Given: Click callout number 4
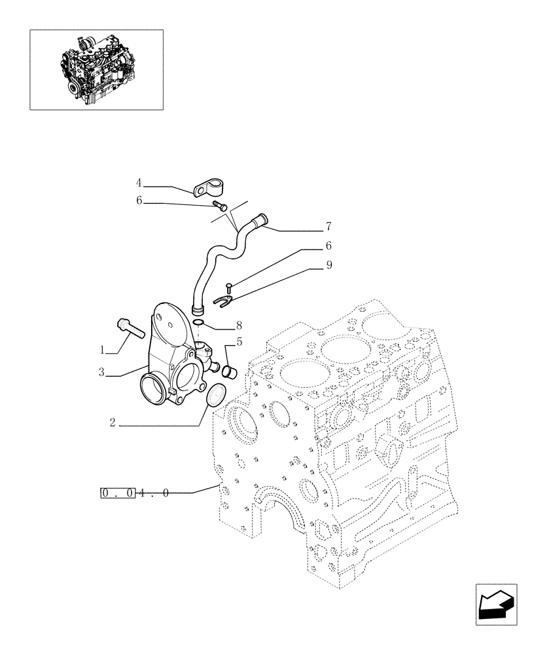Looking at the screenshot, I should pos(139,182).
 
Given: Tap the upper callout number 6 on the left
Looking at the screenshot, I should pos(139,202).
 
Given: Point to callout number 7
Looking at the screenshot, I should pos(328,227).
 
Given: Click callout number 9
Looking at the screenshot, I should pos(328,265).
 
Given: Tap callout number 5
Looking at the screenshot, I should pos(239,341).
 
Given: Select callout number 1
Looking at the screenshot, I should pos(102,350).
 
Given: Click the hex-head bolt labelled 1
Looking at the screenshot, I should pos(131,327).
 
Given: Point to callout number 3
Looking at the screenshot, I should pos(102,373).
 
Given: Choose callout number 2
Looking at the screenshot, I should pos(113,424).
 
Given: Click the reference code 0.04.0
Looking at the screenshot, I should pos(136,492).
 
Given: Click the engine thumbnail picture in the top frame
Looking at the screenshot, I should pos(96,69).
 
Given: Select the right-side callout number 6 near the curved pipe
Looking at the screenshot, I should pos(328,246).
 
